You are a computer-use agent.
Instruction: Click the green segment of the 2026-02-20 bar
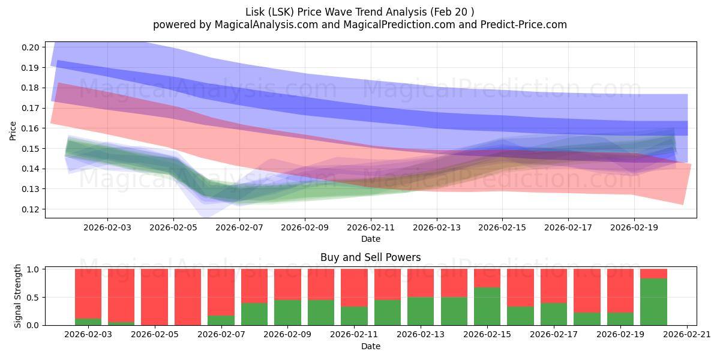(653, 302)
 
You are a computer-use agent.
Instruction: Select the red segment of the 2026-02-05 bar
(154, 297)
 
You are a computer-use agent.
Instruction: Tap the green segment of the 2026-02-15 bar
(487, 306)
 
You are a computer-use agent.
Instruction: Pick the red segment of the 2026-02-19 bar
(620, 290)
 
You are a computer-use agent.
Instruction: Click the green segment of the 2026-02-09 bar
(287, 313)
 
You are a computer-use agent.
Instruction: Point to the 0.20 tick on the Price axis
(31, 47)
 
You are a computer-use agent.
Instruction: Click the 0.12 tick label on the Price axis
(31, 209)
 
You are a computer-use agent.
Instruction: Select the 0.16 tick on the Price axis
(31, 128)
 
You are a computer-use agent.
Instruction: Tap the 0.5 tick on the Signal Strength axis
(34, 297)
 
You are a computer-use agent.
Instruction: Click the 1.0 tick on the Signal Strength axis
(34, 269)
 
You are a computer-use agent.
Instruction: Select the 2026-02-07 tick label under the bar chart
(221, 334)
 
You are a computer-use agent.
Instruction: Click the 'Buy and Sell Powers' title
(370, 257)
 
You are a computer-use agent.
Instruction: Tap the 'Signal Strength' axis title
(18, 295)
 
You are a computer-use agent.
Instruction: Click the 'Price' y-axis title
(13, 130)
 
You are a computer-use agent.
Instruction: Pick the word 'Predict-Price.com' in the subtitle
(526, 25)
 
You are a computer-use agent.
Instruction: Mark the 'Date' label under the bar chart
(370, 346)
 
